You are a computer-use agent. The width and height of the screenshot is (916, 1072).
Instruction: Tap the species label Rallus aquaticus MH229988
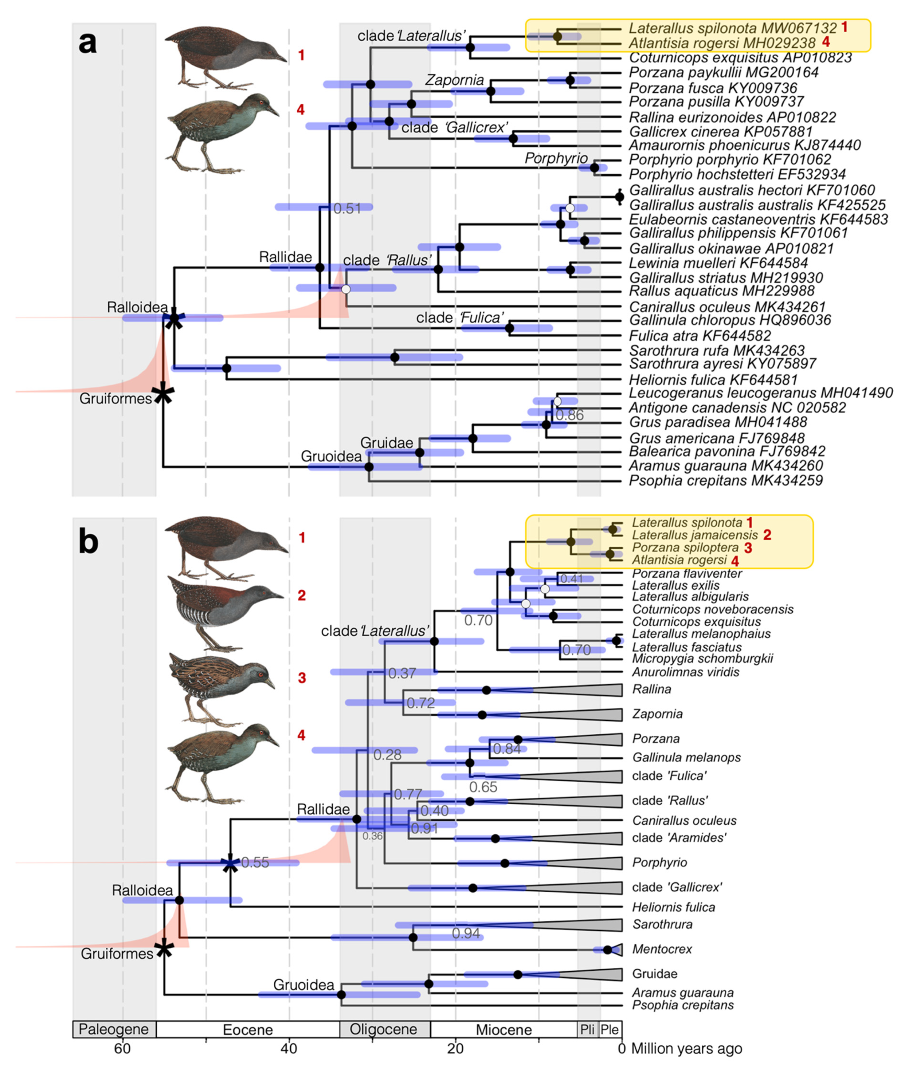pyautogui.click(x=721, y=291)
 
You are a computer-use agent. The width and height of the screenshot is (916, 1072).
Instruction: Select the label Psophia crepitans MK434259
pyautogui.click(x=725, y=481)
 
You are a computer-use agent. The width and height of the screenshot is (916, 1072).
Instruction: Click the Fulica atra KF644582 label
pyautogui.click(x=699, y=336)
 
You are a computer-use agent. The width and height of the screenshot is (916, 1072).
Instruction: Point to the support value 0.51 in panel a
pyautogui.click(x=347, y=208)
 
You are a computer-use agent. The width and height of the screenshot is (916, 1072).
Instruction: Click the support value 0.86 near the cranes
pyautogui.click(x=569, y=415)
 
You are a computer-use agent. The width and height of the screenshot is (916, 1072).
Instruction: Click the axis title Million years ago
pyautogui.click(x=686, y=1049)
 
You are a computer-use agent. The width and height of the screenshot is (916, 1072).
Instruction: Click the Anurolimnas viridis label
pyautogui.click(x=685, y=672)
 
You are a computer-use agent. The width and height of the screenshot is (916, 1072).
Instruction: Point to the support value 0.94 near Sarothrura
pyautogui.click(x=466, y=933)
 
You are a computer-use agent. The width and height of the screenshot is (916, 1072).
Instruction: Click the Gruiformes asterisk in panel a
pyautogui.click(x=163, y=394)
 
